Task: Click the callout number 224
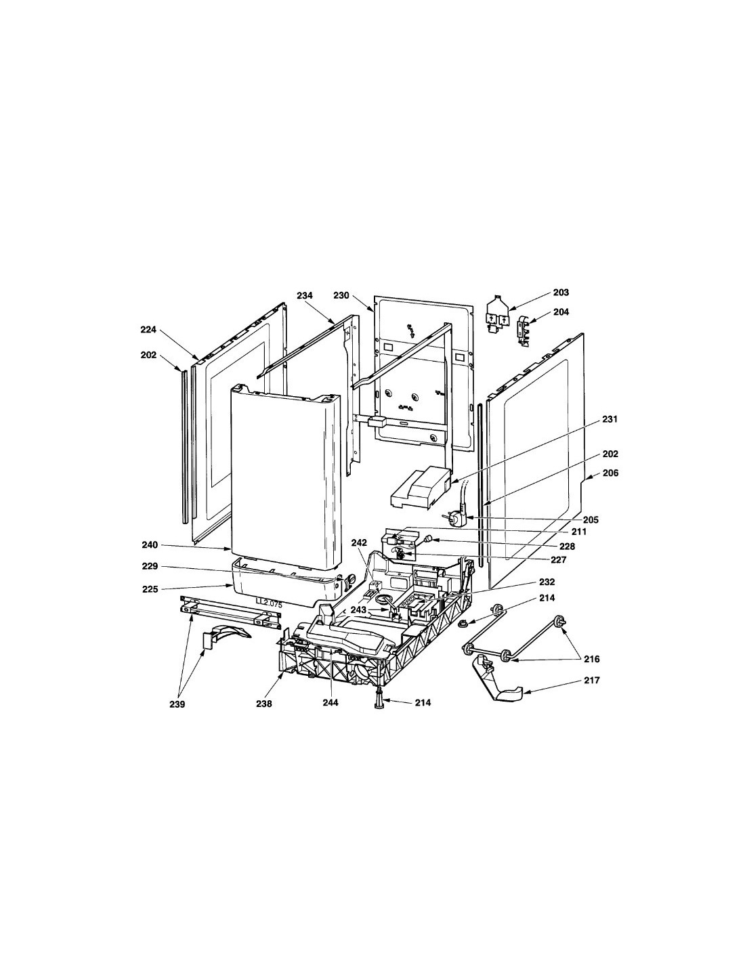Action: pos(148,329)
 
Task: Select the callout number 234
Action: pos(305,295)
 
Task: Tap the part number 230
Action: pos(341,295)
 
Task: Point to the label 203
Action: pos(561,293)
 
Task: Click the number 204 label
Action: pos(561,312)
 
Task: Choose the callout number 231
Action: pos(610,419)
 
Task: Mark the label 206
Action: pos(610,473)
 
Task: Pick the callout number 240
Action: pos(150,545)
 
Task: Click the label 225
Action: pos(150,589)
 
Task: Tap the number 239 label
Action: pos(177,704)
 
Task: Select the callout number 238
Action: pos(264,704)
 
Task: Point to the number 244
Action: pos(331,702)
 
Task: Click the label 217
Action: pos(591,680)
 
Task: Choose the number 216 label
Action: pos(591,659)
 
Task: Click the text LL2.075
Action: pos(269,603)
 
